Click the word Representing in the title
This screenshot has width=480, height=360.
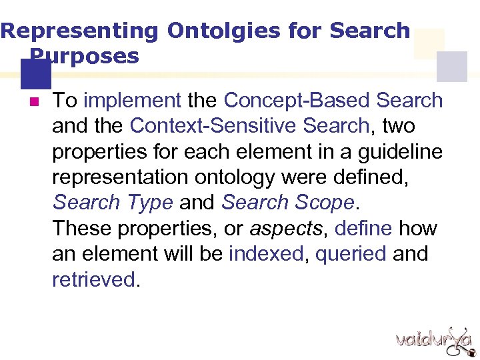(x=79, y=31)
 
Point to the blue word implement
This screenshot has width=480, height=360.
(x=133, y=101)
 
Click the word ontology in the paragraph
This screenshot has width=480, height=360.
(x=239, y=177)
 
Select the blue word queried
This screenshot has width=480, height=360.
(x=351, y=254)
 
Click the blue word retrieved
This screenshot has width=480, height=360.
(x=93, y=279)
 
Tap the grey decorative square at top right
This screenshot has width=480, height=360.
(x=451, y=67)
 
